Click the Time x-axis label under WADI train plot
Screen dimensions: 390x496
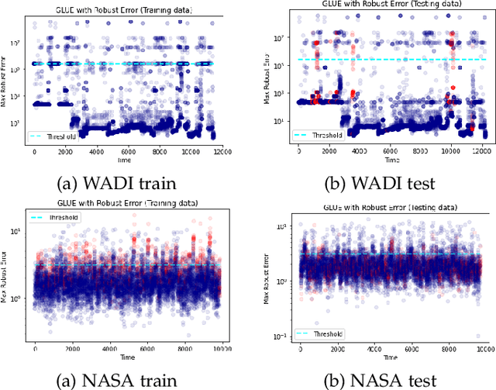point(124,159)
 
